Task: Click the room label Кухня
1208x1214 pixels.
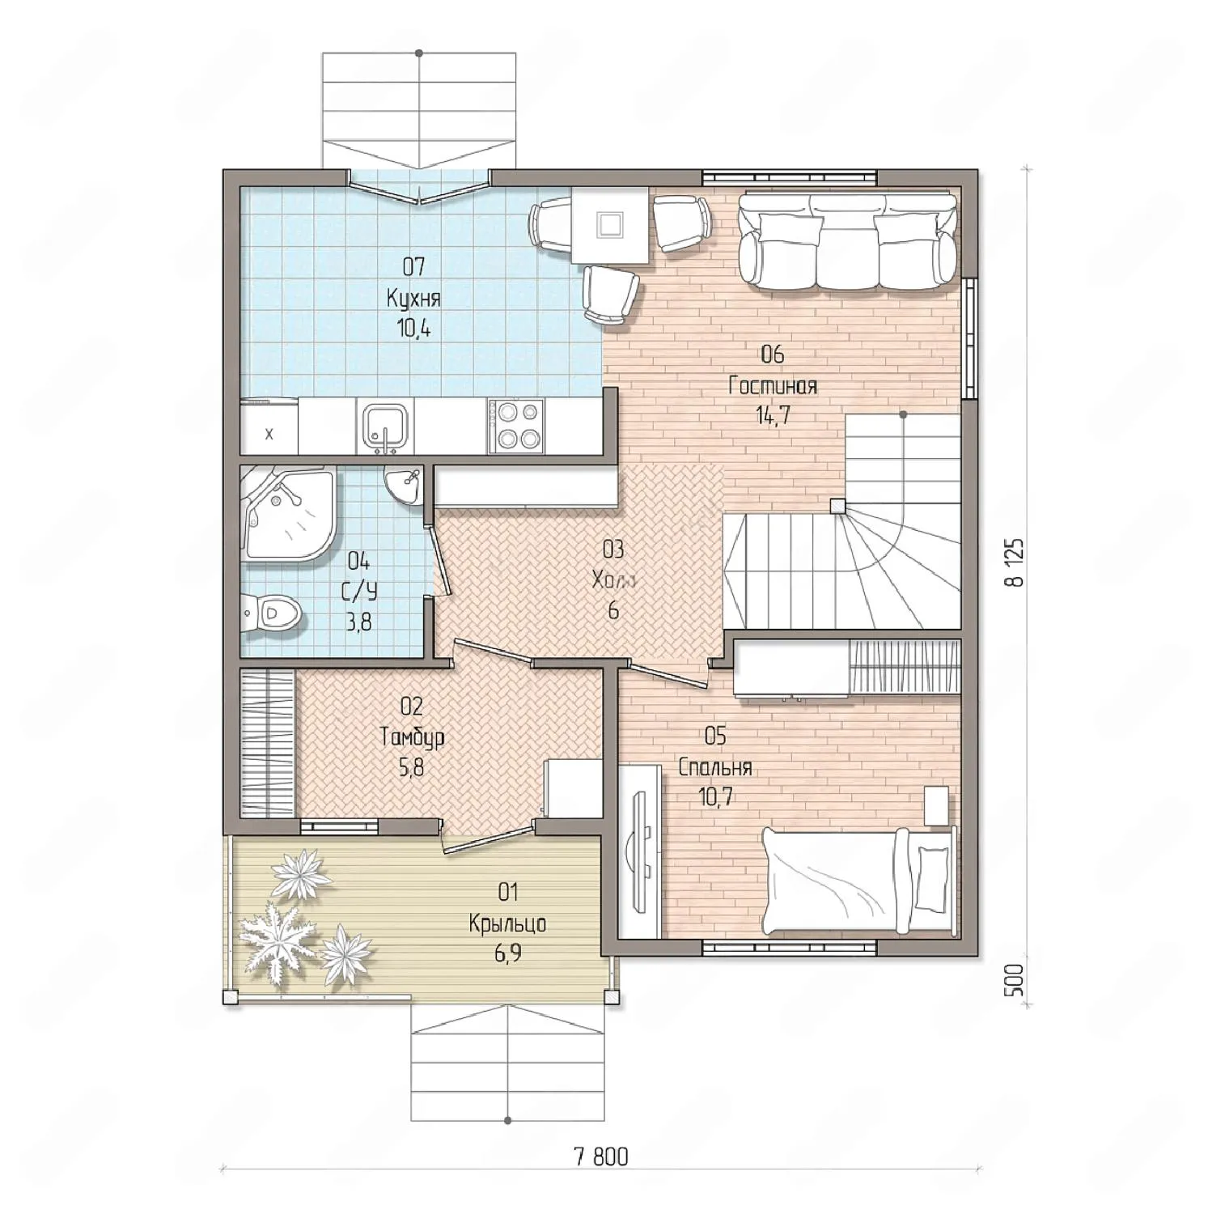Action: coord(413,298)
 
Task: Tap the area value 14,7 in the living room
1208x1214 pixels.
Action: coord(772,416)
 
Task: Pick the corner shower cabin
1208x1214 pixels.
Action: coord(287,513)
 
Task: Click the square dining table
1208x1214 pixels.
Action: coord(610,225)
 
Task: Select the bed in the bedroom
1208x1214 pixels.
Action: coord(858,880)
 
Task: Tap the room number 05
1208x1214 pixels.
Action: coord(715,736)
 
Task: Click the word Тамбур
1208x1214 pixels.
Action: coord(412,737)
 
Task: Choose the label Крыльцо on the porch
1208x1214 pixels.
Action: coord(507,923)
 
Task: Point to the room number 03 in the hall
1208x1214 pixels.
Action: coord(613,550)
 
